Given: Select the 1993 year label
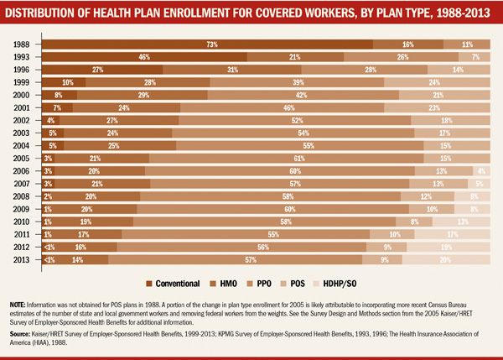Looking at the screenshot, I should pyautogui.click(x=23, y=56).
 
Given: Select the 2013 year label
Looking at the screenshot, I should pyautogui.click(x=23, y=259).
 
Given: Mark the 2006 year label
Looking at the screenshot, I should pyautogui.click(x=23, y=170).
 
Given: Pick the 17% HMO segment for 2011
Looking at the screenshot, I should pyautogui.click(x=84, y=233).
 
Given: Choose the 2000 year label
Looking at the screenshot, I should pyautogui.click(x=23, y=94).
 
